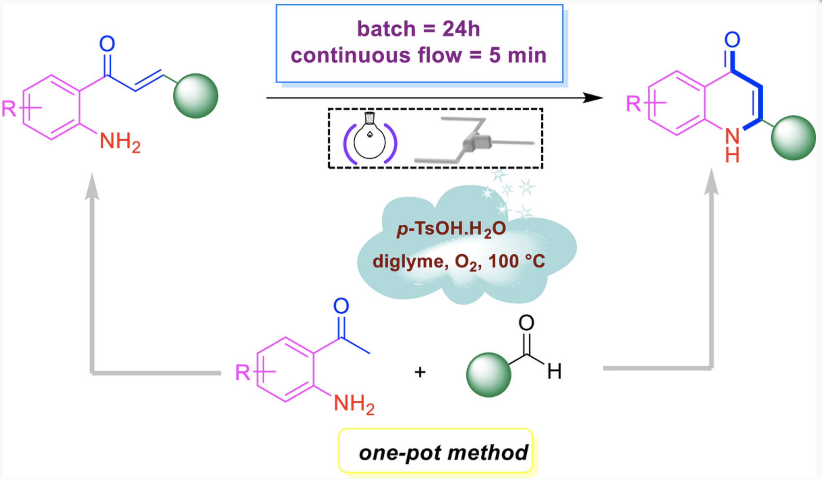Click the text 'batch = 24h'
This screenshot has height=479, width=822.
pos(419,29)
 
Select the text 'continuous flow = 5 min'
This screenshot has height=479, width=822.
pos(418,55)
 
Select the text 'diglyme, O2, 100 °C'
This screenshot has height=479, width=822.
pos(459,262)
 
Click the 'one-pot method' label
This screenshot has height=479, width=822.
pos(443,453)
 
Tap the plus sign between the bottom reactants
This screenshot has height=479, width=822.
pos(420,372)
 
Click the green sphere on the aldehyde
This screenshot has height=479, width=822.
pos(488,375)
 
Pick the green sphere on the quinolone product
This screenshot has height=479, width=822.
pos(793,138)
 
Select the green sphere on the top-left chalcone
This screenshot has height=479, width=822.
pos(196,96)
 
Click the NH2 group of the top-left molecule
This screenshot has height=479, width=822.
pos(120,143)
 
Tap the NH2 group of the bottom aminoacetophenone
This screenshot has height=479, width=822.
pos(354,405)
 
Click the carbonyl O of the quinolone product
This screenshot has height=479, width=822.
pos(732,39)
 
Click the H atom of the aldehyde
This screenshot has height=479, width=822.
pos(554,371)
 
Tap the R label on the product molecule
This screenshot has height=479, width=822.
pos(633,104)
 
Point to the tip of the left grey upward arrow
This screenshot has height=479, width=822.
pos(92,173)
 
